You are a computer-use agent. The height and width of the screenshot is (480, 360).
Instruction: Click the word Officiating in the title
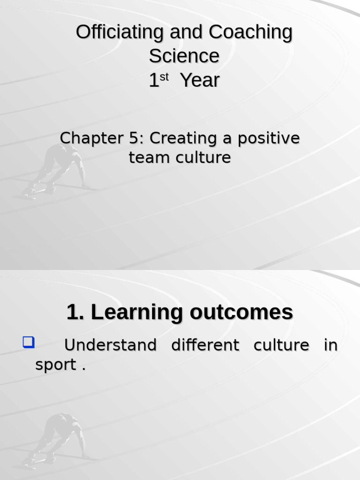coord(120,31)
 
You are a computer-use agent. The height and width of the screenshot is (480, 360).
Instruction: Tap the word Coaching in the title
coord(250,32)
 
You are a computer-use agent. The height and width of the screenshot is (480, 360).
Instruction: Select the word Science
coord(184,56)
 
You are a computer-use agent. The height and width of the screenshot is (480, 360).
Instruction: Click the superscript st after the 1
coord(164,77)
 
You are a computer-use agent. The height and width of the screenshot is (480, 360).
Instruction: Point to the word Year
coord(200,80)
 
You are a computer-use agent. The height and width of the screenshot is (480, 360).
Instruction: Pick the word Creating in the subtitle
coord(183,138)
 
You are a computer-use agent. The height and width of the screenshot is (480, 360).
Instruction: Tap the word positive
coord(269,138)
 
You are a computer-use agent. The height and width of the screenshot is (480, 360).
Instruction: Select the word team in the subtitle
coord(149,157)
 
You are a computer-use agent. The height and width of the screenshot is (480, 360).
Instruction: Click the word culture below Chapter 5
coord(203,157)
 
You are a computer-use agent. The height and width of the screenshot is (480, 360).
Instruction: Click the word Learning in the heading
coord(137,313)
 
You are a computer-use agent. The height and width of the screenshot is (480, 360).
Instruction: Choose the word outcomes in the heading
coord(241,312)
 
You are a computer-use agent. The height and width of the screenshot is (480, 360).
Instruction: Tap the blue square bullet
coord(29,342)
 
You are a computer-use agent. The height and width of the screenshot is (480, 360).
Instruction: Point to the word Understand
coord(111,345)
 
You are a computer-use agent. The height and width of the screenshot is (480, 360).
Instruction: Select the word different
coord(205,345)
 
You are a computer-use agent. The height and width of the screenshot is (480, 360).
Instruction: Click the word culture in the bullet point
coord(281,345)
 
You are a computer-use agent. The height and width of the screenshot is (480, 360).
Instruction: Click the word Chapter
coord(91,138)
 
